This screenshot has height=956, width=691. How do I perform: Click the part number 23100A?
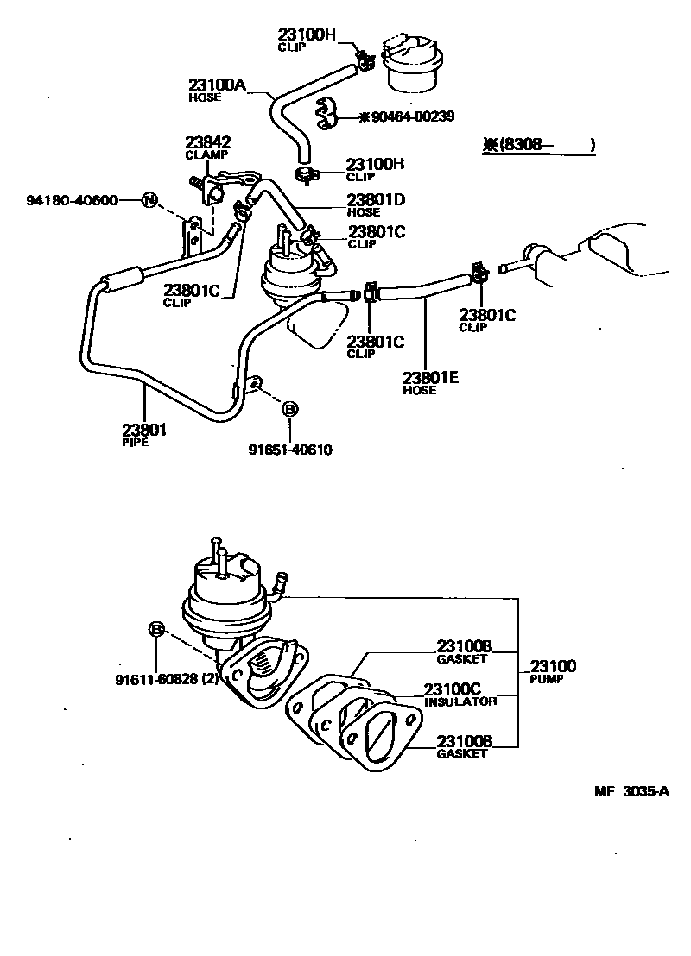tap(218, 85)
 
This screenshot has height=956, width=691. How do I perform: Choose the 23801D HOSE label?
tap(376, 204)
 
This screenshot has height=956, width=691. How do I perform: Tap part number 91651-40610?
tap(290, 450)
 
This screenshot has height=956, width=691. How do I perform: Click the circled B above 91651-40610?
tap(289, 408)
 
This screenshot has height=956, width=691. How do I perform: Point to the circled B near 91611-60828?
tap(156, 630)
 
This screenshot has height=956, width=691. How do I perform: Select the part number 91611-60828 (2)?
tap(167, 679)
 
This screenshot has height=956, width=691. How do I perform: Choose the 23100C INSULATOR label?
tap(460, 695)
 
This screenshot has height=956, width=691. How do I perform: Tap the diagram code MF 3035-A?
tap(631, 790)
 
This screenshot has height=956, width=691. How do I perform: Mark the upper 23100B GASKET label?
tap(464, 651)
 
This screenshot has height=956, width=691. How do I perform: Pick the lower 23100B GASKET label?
tap(464, 745)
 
